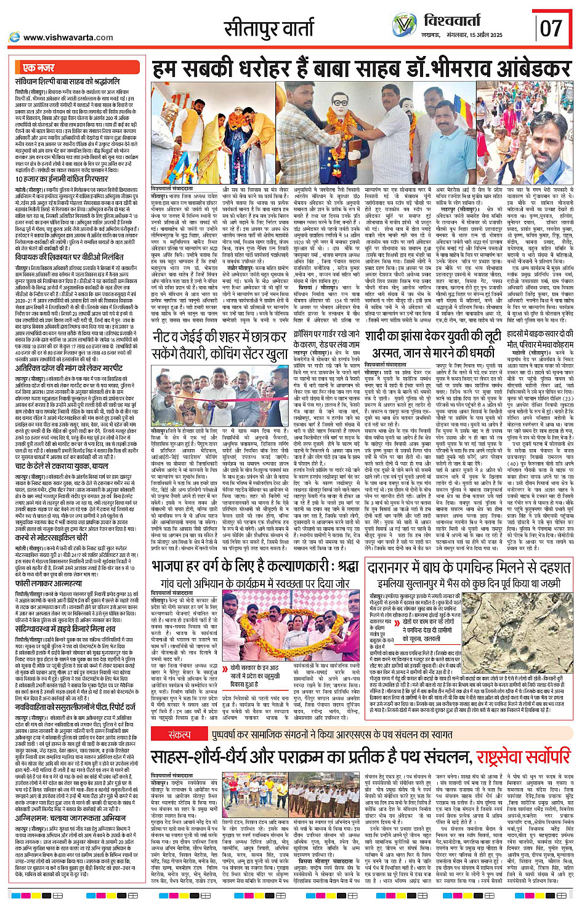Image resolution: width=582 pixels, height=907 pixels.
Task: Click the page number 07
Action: (551, 28)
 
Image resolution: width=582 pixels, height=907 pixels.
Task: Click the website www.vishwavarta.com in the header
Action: (68, 38)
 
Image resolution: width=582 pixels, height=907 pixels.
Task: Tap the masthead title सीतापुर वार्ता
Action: (269, 28)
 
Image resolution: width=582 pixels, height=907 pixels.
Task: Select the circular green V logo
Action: (405, 25)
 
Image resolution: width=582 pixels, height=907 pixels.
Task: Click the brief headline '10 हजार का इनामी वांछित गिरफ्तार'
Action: (68, 179)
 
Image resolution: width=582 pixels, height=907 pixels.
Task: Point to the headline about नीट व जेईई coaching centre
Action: (220, 344)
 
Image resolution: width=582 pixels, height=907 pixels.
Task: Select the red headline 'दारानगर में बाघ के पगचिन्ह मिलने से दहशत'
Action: (469, 567)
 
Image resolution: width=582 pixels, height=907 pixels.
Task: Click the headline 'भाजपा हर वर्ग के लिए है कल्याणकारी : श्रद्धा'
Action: (256, 565)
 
